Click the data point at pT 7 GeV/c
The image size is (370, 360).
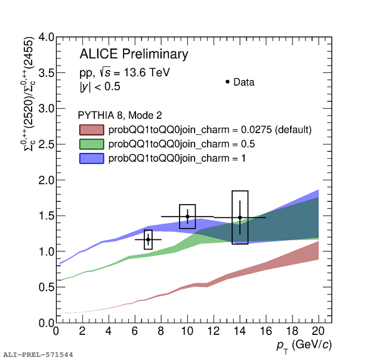coord(148,239)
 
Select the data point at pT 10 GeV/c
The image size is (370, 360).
coord(187,217)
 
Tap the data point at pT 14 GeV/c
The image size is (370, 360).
coord(240,217)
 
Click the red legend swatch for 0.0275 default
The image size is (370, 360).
coord(91,129)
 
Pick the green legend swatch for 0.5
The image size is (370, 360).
coord(91,144)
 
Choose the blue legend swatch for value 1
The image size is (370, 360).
coord(91,158)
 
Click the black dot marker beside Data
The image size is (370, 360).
coord(227,82)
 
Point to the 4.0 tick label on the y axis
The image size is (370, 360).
coord(47,37)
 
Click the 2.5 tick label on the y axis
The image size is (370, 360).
coord(47,144)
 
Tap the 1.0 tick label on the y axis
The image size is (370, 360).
coord(47,251)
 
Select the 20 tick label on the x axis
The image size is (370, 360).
coord(318,331)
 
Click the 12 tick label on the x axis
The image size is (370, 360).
coord(213,331)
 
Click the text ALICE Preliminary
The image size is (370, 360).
coord(134,54)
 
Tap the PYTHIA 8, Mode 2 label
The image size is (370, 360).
coord(120,115)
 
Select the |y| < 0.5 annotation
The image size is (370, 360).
coord(100,87)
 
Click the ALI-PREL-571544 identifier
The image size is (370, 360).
coord(38,355)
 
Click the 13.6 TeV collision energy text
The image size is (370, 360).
coord(142,73)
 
